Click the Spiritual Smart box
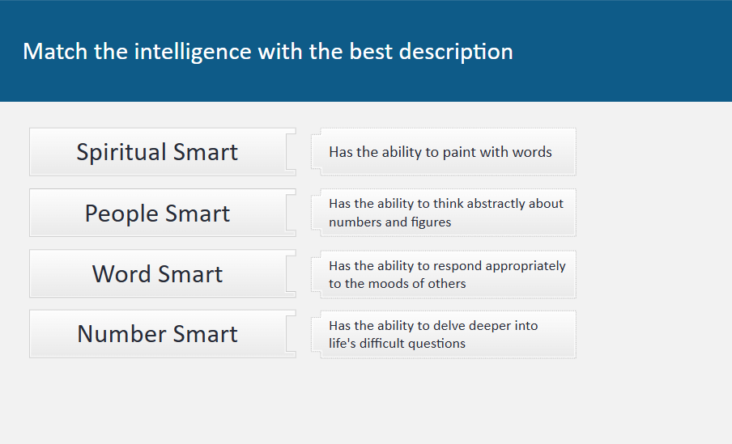163,152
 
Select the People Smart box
163,213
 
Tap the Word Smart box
163,273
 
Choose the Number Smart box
163,334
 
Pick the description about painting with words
444,152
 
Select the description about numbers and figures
444,213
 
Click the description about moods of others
444,274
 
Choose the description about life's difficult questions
444,334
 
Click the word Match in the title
55,51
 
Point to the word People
121,214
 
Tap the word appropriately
526,266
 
